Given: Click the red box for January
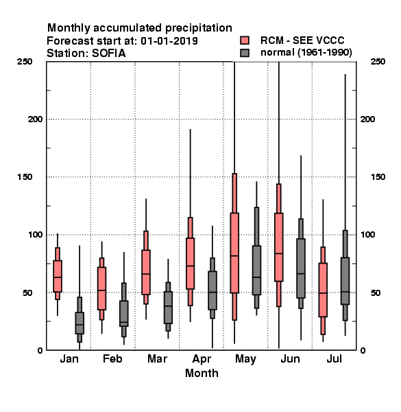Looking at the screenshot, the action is [x=58, y=276].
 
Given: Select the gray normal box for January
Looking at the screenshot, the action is [x=80, y=323].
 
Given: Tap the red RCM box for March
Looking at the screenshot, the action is [x=146, y=272].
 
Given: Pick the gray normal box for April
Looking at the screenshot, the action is [x=212, y=290].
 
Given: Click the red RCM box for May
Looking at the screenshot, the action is [x=234, y=253].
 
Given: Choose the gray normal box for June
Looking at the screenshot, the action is [x=301, y=268].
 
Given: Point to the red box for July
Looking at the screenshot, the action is [x=323, y=290].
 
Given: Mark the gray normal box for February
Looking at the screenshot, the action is [x=124, y=314].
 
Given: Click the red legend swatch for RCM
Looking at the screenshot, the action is [x=245, y=41].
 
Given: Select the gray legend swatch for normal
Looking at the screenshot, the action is [x=245, y=53].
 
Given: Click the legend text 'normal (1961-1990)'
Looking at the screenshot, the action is [x=306, y=53].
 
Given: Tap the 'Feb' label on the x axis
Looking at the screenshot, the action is [x=112, y=358].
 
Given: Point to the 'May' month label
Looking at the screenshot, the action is [x=245, y=359].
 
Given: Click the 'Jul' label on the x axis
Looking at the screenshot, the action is [x=334, y=358].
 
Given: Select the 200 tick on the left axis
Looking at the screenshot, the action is [x=35, y=119].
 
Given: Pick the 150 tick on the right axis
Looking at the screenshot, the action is [x=378, y=177].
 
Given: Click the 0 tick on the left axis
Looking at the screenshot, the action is [x=40, y=350].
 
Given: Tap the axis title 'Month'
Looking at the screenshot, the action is [x=202, y=373].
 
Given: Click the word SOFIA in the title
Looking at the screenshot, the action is [x=108, y=54].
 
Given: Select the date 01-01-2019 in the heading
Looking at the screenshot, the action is [x=169, y=41].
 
